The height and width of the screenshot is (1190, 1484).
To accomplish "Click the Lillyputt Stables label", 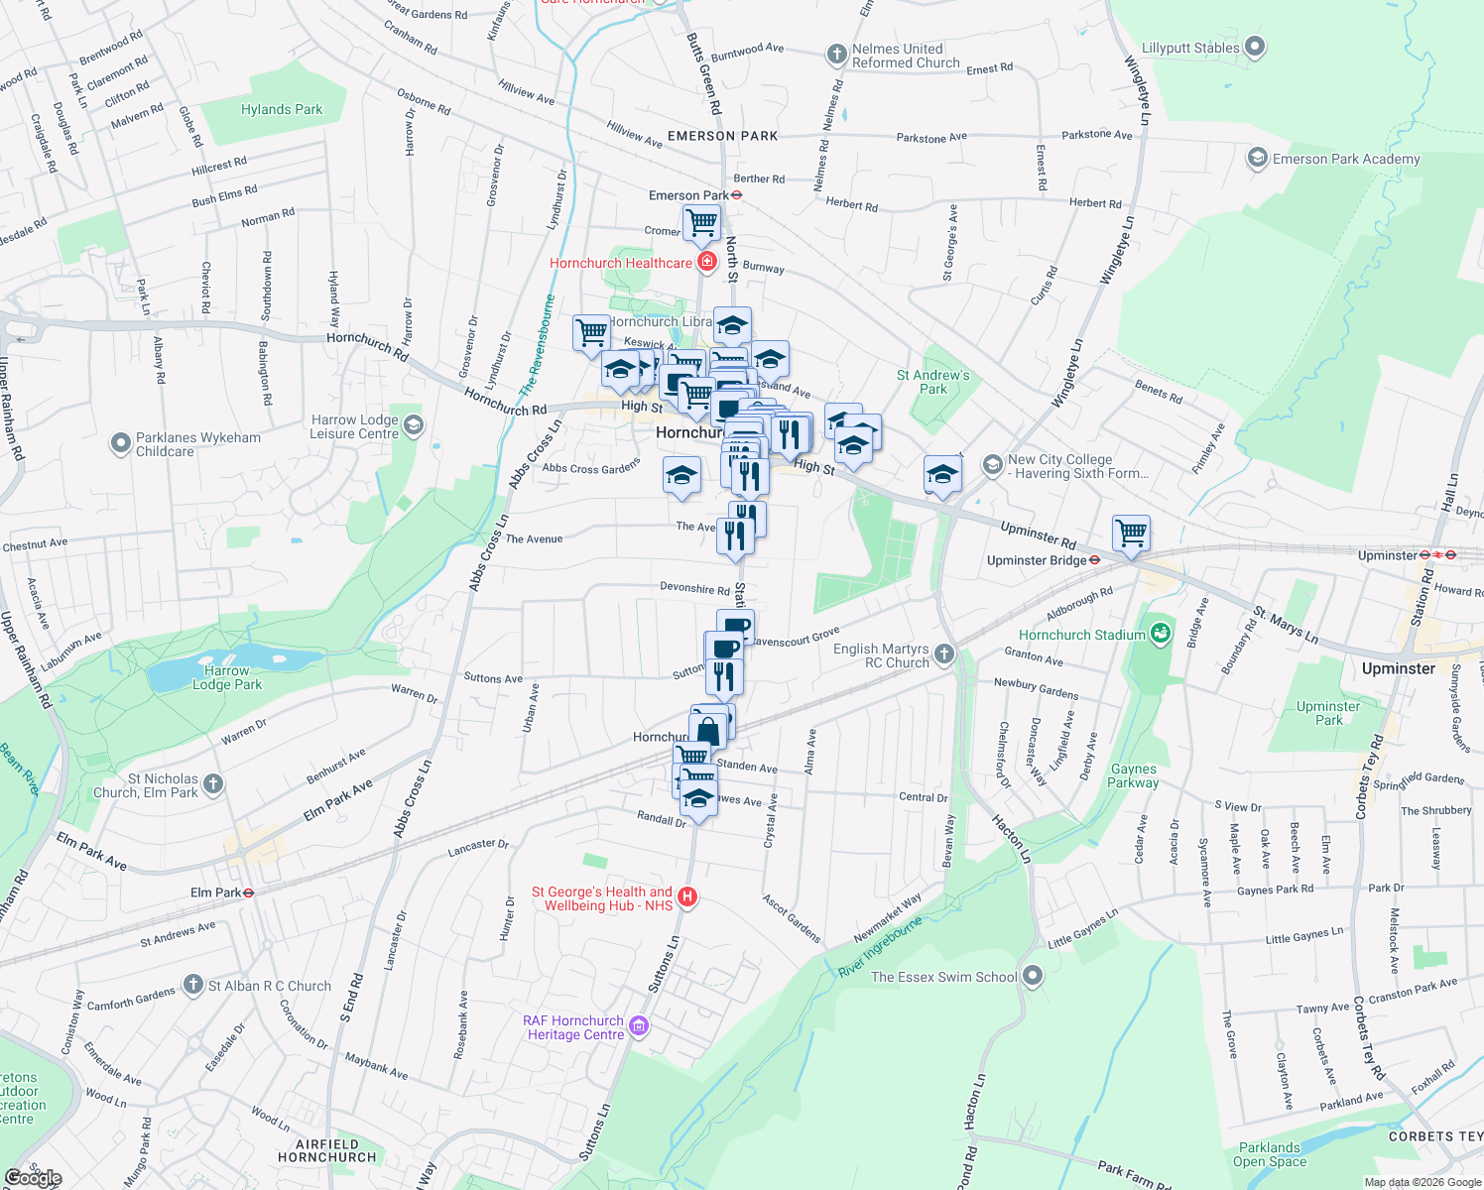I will [1190, 48].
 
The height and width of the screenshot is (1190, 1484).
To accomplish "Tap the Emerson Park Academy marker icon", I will [1258, 159].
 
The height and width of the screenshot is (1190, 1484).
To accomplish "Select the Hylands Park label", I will [282, 109].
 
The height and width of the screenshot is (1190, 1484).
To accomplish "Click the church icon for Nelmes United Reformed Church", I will [837, 55].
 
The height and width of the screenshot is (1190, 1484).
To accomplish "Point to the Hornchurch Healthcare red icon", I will [707, 262].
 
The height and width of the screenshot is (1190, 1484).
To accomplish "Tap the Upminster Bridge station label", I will [1037, 560].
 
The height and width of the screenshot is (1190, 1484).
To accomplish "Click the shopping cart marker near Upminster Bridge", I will [1131, 534].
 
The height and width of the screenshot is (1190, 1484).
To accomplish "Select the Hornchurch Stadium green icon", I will [1162, 634].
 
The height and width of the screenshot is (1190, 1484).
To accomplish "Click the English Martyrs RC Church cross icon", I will [944, 654].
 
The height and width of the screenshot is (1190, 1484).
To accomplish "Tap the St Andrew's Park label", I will [933, 382].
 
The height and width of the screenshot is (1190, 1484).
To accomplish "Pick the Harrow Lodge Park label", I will [227, 677].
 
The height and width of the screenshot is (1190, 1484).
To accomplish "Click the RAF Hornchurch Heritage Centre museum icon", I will [639, 1026].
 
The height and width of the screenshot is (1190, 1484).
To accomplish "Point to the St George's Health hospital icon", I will [686, 897].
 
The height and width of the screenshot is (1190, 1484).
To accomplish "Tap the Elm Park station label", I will [215, 892].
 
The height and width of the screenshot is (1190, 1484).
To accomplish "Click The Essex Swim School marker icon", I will [1033, 976].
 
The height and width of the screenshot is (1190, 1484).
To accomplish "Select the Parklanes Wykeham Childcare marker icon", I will [120, 443].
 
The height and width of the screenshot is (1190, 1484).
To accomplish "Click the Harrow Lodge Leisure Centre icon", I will [414, 425].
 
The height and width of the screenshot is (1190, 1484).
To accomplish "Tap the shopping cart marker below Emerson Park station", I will [701, 222].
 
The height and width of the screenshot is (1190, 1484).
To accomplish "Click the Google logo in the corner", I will [33, 1178].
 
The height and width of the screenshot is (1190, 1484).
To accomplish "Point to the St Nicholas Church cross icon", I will [213, 785].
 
